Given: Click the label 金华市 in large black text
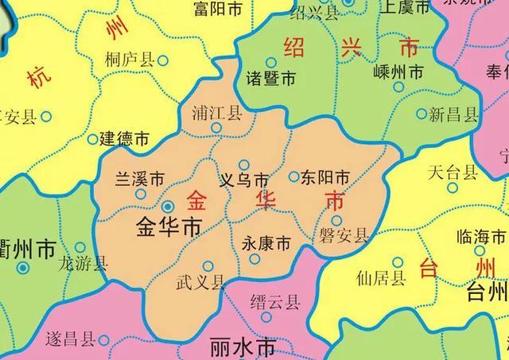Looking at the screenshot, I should (169, 226).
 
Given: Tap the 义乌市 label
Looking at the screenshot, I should (243, 180).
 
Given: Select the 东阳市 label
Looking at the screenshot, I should (324, 177).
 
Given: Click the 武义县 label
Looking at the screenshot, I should (200, 281).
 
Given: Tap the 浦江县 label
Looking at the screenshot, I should (217, 113).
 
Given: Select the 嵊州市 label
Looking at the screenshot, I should (399, 72).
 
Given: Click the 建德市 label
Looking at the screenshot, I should (124, 138).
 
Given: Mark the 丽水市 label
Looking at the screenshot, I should (242, 347).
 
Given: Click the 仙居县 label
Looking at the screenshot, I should (381, 277).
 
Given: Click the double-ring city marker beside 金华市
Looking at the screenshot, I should (168, 207).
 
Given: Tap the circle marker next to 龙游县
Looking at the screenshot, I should (79, 248).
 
